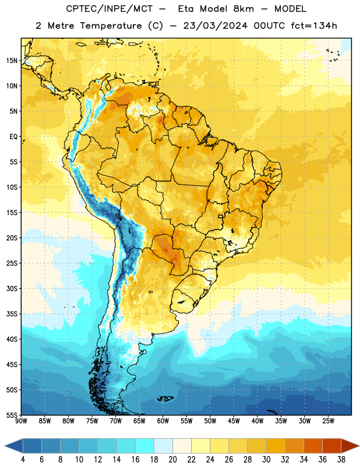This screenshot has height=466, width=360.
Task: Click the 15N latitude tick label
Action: pos(12,61)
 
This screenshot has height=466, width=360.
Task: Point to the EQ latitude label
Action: pos(13,137)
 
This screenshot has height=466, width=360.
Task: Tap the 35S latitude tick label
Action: pos(12,314)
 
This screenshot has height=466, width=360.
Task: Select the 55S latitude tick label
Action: pos(12,415)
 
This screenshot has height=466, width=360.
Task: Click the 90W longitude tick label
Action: pos(21,421)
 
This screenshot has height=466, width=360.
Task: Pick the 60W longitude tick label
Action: pos(163,421)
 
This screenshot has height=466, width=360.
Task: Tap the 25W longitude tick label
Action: pos(328,421)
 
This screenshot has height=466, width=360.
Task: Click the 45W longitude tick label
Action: pos(234,421)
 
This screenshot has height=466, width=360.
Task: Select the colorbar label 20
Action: pos(172,460)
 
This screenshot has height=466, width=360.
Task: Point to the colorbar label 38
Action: pos(341,460)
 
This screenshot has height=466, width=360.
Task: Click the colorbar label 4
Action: pos(23,460)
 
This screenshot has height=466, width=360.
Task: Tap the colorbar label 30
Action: pos(266,460)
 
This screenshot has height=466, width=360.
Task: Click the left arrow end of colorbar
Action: pos(5,446)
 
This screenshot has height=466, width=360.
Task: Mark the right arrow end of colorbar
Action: pos(359,446)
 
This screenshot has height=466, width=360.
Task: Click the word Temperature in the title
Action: pos(111,26)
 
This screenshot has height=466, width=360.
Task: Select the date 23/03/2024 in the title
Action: pos(215,26)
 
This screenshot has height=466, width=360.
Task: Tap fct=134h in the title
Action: pos(314,26)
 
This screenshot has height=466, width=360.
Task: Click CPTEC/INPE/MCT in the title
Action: pos(110,9)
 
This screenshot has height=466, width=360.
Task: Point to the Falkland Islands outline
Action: pos(165,398)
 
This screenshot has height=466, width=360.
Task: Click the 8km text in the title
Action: pos(243,9)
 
